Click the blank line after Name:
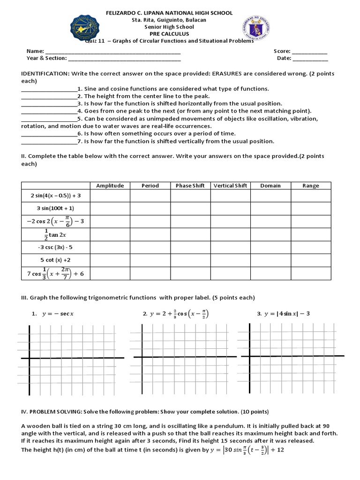coord(112,52)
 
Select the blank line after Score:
coord(310,52)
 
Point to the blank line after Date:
coord(311,60)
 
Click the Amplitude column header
coord(110,186)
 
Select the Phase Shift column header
coord(190,186)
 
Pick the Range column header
coord(310,186)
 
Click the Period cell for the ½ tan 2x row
coord(150,233)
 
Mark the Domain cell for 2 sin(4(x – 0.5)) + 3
coord(270,195)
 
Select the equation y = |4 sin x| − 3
coord(286,314)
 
